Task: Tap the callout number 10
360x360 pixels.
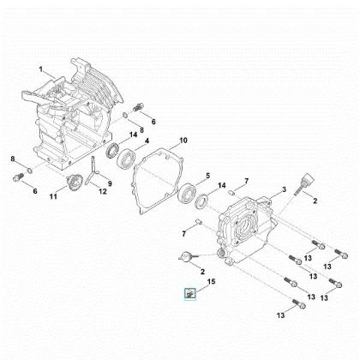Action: pyautogui.click(x=182, y=140)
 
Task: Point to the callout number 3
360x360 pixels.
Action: pyautogui.click(x=284, y=189)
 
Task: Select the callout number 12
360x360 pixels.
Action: pyautogui.click(x=105, y=191)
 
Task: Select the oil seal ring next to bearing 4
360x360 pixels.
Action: pyautogui.click(x=112, y=153)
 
